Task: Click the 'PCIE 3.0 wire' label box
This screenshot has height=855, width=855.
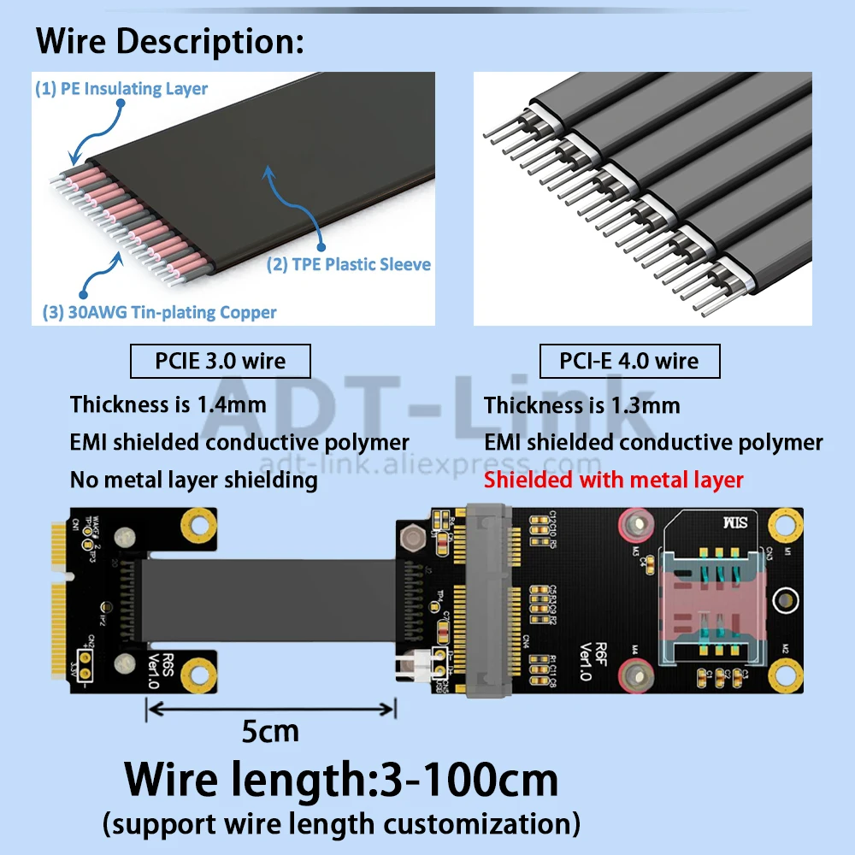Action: (220, 361)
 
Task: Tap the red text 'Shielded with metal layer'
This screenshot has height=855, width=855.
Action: (613, 480)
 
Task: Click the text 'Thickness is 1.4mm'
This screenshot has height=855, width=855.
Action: (168, 404)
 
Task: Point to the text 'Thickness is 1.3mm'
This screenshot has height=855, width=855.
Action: (581, 404)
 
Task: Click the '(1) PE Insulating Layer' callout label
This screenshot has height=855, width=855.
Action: (121, 89)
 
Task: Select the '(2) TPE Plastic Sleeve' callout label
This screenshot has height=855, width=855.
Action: (349, 264)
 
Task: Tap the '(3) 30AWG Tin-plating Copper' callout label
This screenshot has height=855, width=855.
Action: (159, 312)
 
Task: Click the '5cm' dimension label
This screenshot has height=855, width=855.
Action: (270, 731)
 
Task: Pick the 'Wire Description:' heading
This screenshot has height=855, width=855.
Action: (169, 41)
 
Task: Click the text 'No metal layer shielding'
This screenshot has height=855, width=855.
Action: (193, 480)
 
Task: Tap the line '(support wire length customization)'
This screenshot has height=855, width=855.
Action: (341, 824)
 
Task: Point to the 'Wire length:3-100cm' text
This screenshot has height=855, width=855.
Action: (341, 779)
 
